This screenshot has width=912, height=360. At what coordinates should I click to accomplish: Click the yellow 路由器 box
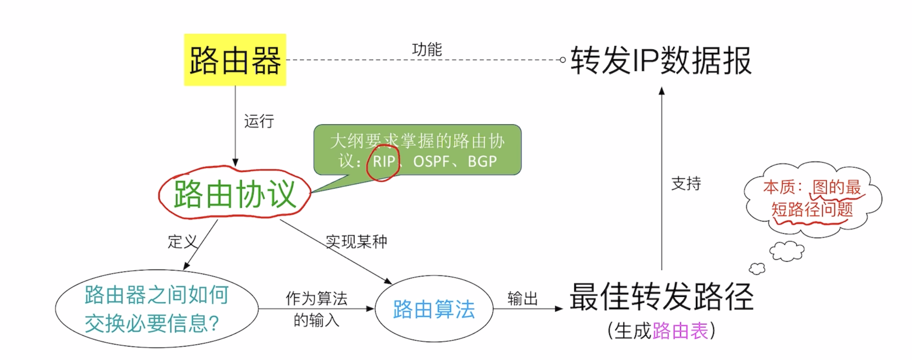coord(235,60)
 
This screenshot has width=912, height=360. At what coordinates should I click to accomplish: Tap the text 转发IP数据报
coord(661,61)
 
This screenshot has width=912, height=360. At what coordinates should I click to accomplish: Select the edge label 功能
coord(427,50)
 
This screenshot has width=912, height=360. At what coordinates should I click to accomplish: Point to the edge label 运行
coord(259,121)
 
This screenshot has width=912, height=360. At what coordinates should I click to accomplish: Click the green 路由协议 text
coord(235,194)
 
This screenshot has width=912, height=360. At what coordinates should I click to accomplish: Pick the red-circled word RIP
coord(384,162)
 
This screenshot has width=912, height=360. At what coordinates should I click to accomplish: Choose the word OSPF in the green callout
coord(431,162)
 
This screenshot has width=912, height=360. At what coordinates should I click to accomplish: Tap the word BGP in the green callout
coord(482,162)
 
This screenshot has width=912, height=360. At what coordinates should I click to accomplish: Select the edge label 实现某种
coord(356,241)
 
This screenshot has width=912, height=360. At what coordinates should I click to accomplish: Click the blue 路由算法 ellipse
coord(434,309)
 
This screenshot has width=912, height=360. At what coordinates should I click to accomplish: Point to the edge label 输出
coord(523,298)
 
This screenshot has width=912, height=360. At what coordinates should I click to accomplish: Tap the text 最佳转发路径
coord(661,297)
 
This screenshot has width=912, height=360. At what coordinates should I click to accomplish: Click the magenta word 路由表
coord(680,331)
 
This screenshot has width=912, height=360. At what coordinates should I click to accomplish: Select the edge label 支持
coord(686,184)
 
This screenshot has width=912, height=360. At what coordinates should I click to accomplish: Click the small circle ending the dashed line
coord(562,60)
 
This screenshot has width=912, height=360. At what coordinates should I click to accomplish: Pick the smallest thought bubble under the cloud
coord(757,269)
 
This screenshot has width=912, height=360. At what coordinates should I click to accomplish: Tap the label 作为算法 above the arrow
coord(316,298)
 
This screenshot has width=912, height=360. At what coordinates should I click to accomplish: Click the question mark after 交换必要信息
coord(213,323)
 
